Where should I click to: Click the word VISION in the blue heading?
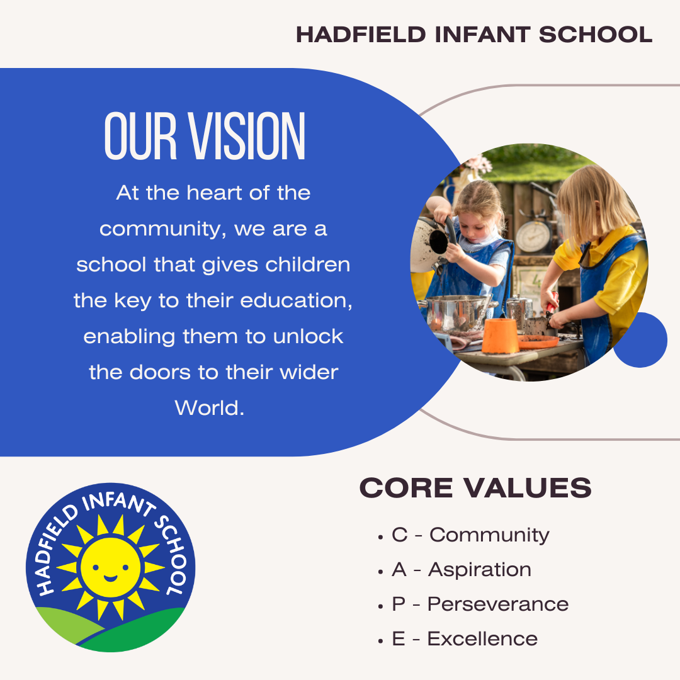(x=246, y=136)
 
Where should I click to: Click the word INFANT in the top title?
(x=482, y=35)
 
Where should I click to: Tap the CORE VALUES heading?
(x=475, y=488)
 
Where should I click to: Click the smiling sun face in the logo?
(x=111, y=567)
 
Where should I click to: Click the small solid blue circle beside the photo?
(x=640, y=339)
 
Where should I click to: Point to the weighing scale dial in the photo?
(x=533, y=237)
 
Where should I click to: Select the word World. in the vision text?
(x=210, y=408)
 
